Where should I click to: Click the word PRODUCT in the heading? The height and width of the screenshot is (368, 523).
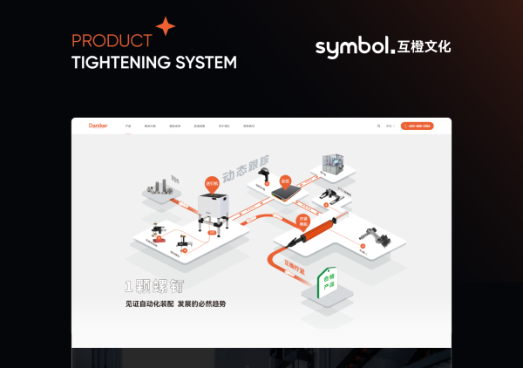point(112,41)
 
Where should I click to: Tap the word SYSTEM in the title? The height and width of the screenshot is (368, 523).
point(207,63)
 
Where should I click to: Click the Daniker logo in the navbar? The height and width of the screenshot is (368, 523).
point(98,126)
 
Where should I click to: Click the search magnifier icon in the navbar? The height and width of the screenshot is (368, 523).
point(378,126)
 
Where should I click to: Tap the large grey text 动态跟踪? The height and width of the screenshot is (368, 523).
point(246,167)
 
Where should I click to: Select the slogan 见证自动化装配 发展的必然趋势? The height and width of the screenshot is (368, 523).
point(175,303)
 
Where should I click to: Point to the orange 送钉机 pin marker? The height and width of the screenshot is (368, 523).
point(210,185)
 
